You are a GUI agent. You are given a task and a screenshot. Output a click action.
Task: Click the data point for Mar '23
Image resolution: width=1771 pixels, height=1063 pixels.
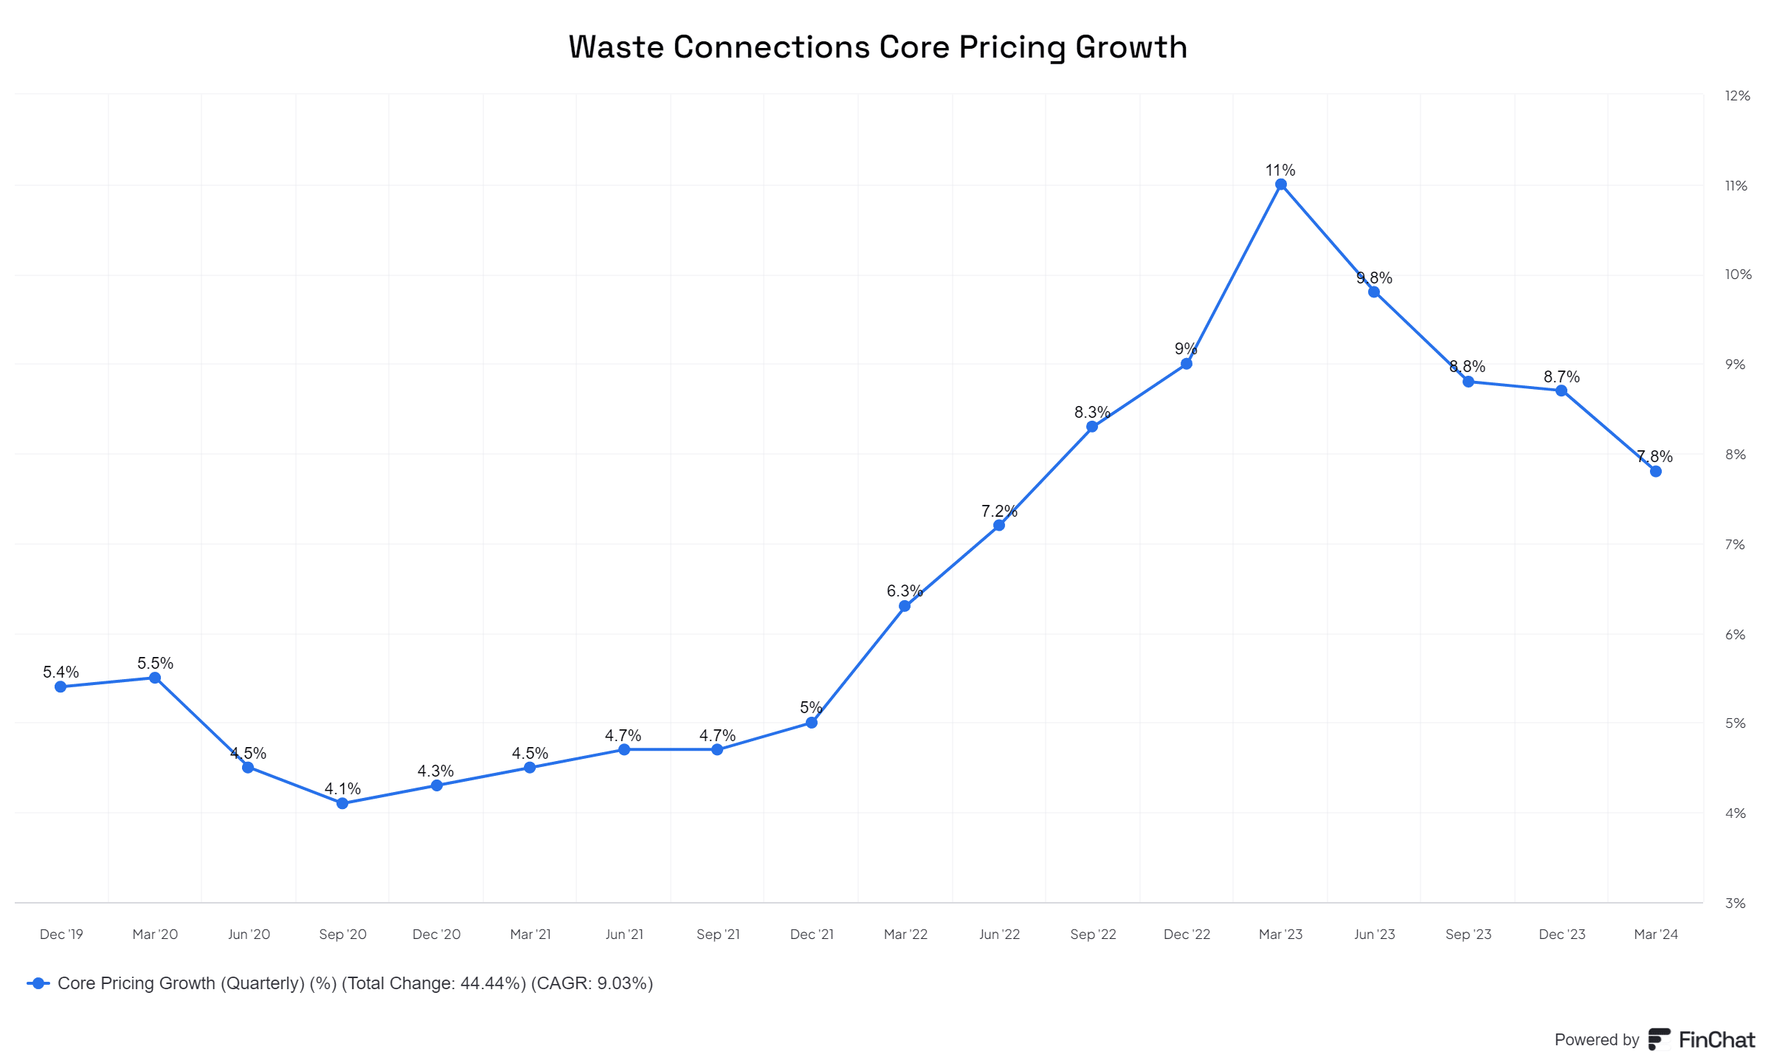(1281, 185)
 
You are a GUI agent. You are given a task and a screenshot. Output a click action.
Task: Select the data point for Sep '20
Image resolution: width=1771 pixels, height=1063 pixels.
(342, 803)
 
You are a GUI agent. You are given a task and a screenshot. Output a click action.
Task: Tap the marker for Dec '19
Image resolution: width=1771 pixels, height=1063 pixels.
(61, 687)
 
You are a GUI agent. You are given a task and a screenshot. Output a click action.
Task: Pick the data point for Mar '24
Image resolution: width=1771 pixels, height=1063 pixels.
(1656, 471)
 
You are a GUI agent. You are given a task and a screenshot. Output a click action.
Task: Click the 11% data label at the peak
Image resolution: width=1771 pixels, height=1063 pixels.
(1280, 170)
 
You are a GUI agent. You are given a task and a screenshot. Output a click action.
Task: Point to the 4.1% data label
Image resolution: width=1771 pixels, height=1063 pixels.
(342, 788)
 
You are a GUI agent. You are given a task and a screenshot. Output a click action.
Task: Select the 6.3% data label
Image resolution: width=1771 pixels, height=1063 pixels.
(905, 591)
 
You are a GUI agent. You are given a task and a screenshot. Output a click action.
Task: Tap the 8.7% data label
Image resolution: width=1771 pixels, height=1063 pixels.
(1561, 376)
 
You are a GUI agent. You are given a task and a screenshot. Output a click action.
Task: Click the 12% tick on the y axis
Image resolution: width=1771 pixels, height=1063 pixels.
(1737, 95)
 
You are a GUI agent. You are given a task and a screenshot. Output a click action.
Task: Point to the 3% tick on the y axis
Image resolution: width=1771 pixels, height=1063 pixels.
(1735, 903)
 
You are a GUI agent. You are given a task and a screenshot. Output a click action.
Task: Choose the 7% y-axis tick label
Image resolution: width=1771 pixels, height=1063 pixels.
(1735, 544)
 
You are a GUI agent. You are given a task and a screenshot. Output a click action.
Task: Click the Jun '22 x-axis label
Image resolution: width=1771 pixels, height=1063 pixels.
(999, 934)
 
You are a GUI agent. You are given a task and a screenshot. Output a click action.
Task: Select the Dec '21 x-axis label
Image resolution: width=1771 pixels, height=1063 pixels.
(812, 934)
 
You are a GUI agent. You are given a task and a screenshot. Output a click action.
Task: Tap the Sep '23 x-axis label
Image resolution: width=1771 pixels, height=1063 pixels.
(1468, 934)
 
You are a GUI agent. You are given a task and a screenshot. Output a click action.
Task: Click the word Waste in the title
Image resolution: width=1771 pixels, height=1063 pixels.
(616, 47)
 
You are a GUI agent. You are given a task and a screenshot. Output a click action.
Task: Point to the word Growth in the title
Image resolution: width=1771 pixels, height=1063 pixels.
(1130, 47)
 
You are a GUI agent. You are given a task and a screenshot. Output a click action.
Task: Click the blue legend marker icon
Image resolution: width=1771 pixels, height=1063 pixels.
(38, 983)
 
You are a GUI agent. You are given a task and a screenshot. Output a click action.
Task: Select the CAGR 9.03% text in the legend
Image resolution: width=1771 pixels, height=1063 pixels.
(592, 983)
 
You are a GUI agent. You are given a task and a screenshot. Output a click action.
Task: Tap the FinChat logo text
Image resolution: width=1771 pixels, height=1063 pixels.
(1716, 1039)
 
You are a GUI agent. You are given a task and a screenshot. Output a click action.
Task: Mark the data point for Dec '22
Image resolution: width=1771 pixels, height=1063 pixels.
(1187, 364)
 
